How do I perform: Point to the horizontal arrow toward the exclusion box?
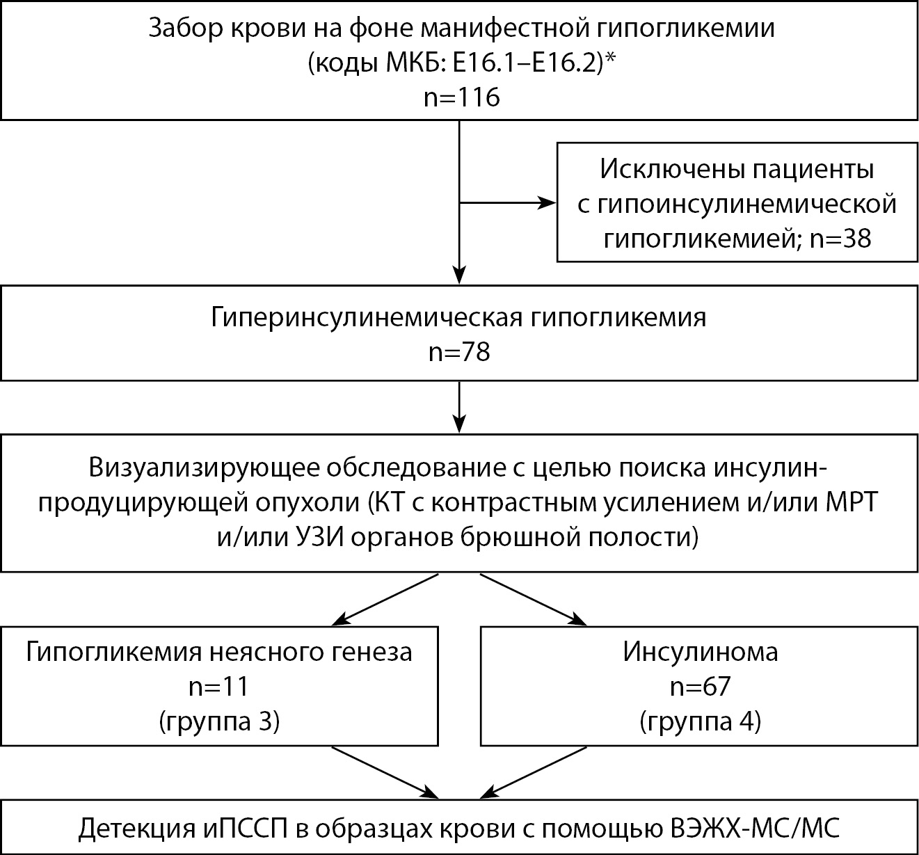pos(508,203)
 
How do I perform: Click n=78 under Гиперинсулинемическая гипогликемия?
pos(459,353)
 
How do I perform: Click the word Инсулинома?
pos(700,652)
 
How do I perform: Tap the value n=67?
pos(700,687)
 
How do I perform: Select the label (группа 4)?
pos(700,722)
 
